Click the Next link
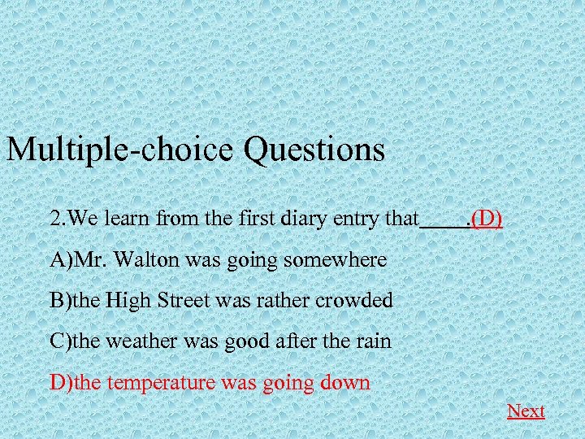pyautogui.click(x=526, y=411)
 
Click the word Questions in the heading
pyautogui.click(x=313, y=150)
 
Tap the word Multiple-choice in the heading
pyautogui.click(x=120, y=150)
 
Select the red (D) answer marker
pyautogui.click(x=487, y=219)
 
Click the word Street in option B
pyautogui.click(x=184, y=301)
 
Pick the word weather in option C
pyautogui.click(x=139, y=341)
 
